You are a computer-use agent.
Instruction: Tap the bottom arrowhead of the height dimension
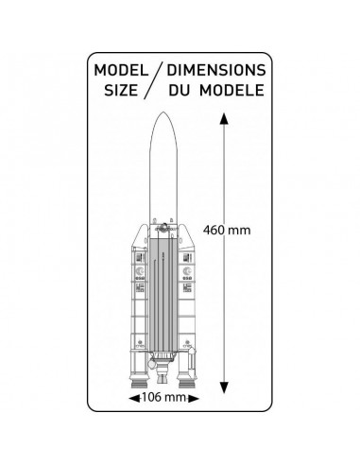click(x=224, y=387)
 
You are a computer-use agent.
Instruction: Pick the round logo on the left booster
click(x=140, y=269)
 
